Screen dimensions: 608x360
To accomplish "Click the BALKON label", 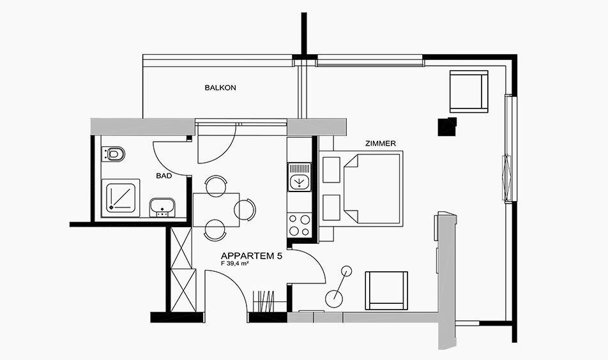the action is (x=220, y=88).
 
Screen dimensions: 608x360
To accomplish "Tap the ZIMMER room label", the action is (x=381, y=144).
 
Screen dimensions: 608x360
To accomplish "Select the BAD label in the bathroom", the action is (x=164, y=176).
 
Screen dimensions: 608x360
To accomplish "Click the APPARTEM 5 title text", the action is (x=251, y=256).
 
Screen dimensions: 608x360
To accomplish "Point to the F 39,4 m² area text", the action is (x=234, y=263).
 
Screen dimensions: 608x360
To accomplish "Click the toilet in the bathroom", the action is (x=113, y=154).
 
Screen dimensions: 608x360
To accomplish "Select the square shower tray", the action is (x=121, y=198).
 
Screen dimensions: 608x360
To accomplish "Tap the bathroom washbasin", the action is (x=162, y=207).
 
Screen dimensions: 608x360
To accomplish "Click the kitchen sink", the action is (x=299, y=177).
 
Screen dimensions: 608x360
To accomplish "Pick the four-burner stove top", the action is (x=299, y=225).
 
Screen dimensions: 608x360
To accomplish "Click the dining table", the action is (x=216, y=209).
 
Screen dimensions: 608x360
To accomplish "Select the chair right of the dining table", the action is (x=245, y=209).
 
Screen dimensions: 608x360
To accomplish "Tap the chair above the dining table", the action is (x=216, y=185).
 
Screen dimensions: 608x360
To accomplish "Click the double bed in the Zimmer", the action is (x=372, y=188).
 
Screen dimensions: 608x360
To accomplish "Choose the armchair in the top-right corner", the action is (x=468, y=91).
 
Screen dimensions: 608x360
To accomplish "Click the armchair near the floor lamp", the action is (x=386, y=290).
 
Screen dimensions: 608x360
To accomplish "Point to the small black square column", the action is (x=446, y=127).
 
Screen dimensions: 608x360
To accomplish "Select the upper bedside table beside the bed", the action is (x=331, y=169).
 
